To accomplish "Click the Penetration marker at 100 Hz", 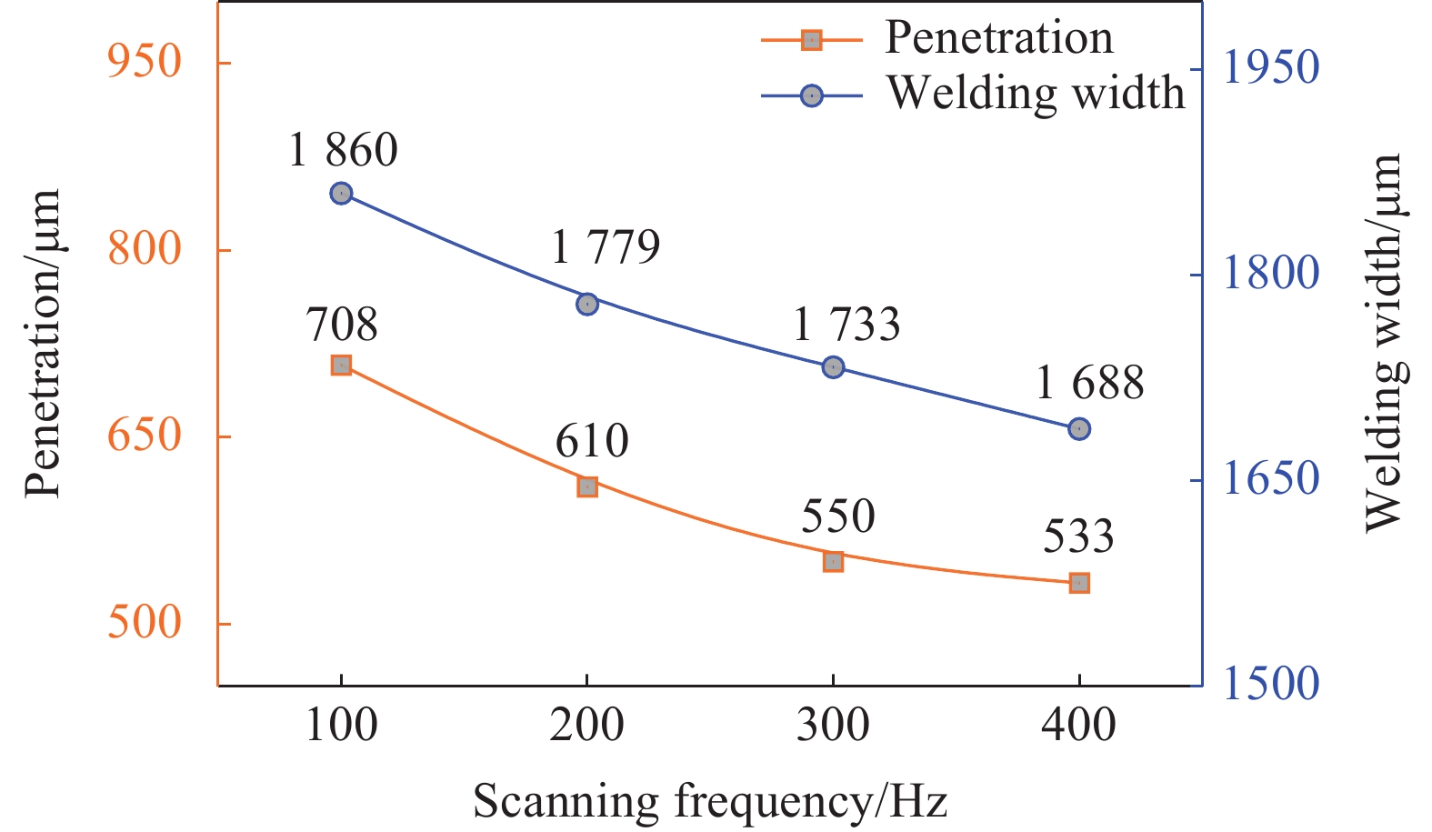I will click(341, 366).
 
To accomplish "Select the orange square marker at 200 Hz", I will click(587, 486).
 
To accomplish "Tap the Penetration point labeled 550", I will click(834, 562).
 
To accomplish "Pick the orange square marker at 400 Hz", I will click(1079, 583).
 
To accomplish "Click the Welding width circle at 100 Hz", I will click(341, 194).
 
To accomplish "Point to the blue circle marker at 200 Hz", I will click(587, 304).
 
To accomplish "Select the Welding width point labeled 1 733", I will click(834, 367).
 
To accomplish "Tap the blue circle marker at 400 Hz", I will click(1079, 429).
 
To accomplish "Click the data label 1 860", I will click(343, 150).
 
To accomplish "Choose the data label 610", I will click(592, 441).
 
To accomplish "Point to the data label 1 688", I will click(1089, 383).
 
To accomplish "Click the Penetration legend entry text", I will click(998, 38).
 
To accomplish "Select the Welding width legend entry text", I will click(1036, 93).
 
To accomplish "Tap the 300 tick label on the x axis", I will click(833, 726).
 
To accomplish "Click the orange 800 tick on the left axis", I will click(145, 248).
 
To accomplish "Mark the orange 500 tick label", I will click(145, 623).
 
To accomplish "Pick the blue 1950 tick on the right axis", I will click(1270, 68).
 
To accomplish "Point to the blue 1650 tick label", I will click(1270, 479).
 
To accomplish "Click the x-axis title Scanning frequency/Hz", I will click(710, 802).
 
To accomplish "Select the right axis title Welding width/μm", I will click(1384, 342).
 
